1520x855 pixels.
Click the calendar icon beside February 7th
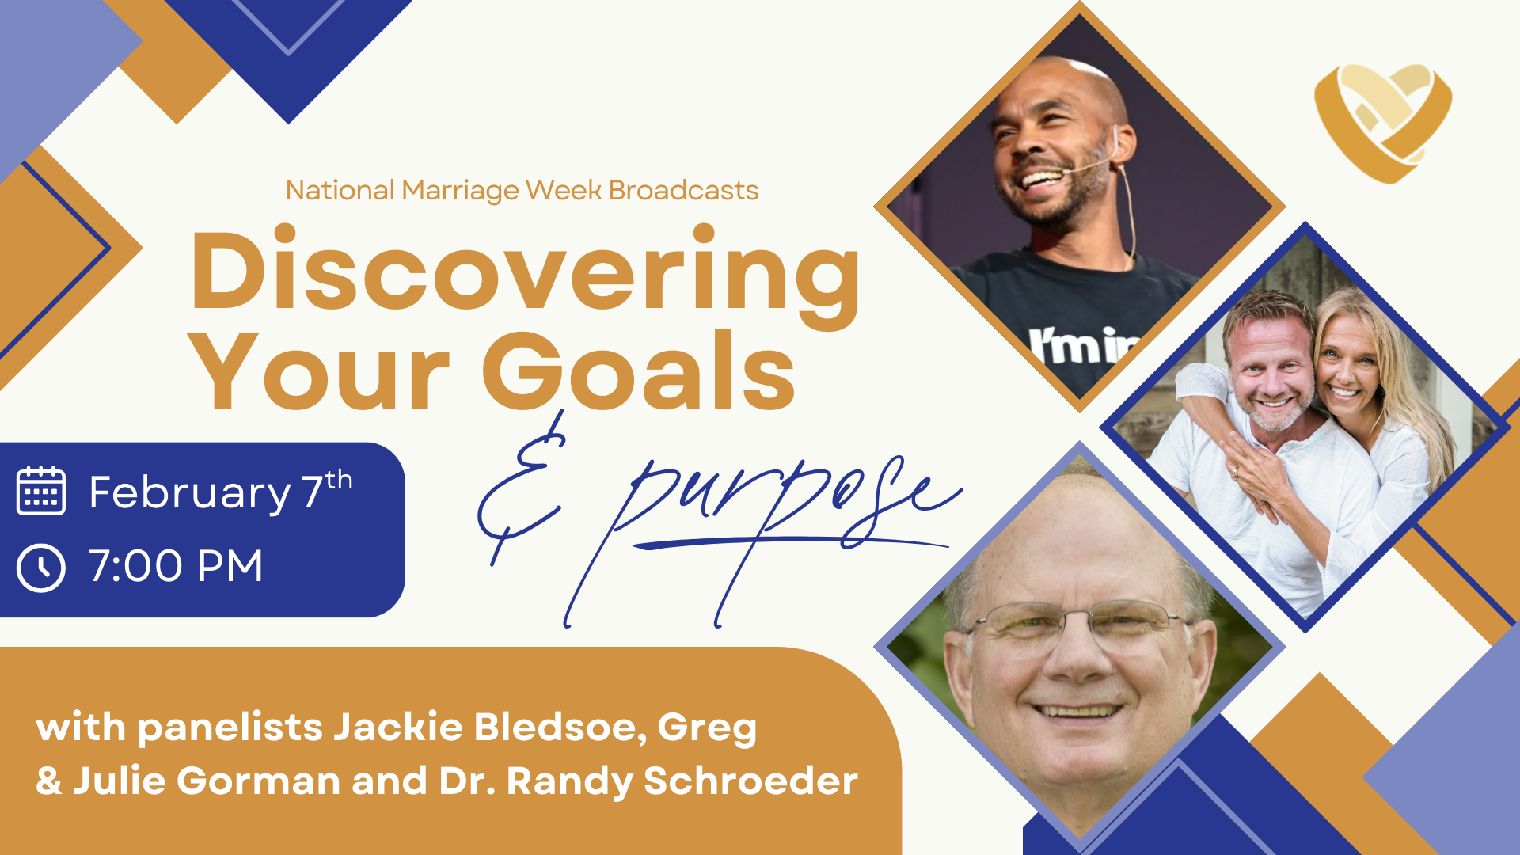41,491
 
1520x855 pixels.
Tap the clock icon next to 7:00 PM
41,567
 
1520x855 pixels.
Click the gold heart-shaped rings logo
1383,123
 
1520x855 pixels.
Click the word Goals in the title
638,370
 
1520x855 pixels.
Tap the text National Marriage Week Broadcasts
522,191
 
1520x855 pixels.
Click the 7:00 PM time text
176,566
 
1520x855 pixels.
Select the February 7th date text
221,491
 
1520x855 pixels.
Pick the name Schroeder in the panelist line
750,781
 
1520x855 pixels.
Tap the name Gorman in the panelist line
259,781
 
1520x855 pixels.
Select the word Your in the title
320,370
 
